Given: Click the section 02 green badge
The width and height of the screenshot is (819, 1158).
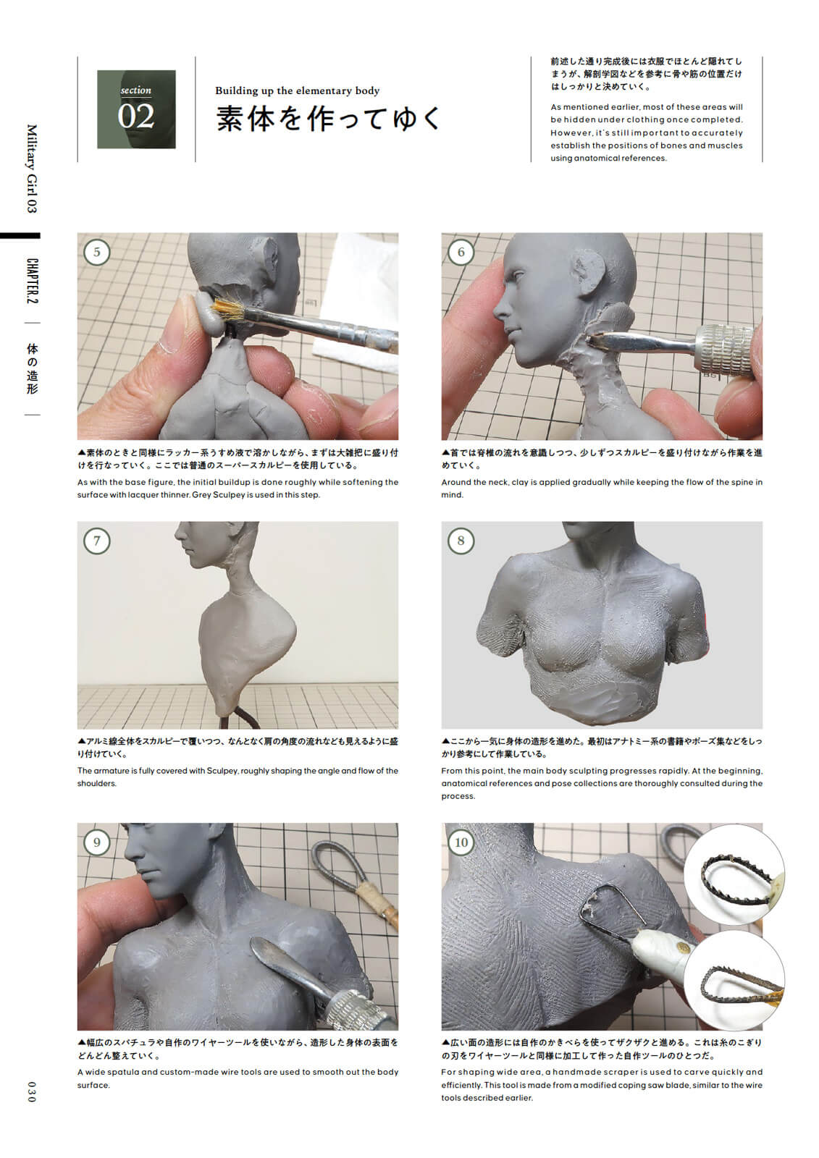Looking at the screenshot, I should click(x=136, y=109).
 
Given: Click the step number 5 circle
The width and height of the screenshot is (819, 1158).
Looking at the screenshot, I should click(x=96, y=252).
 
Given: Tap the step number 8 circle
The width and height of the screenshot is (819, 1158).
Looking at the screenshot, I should click(x=461, y=541).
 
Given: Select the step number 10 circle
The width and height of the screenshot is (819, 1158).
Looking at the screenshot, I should click(x=461, y=842).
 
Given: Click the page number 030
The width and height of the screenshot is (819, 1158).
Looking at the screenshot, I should click(x=30, y=1091).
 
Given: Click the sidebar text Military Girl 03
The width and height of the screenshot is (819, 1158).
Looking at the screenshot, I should click(x=31, y=168).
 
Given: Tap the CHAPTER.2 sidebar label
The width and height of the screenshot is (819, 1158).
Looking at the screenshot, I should click(x=32, y=280).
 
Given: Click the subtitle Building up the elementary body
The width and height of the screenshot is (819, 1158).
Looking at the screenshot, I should click(x=297, y=90).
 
